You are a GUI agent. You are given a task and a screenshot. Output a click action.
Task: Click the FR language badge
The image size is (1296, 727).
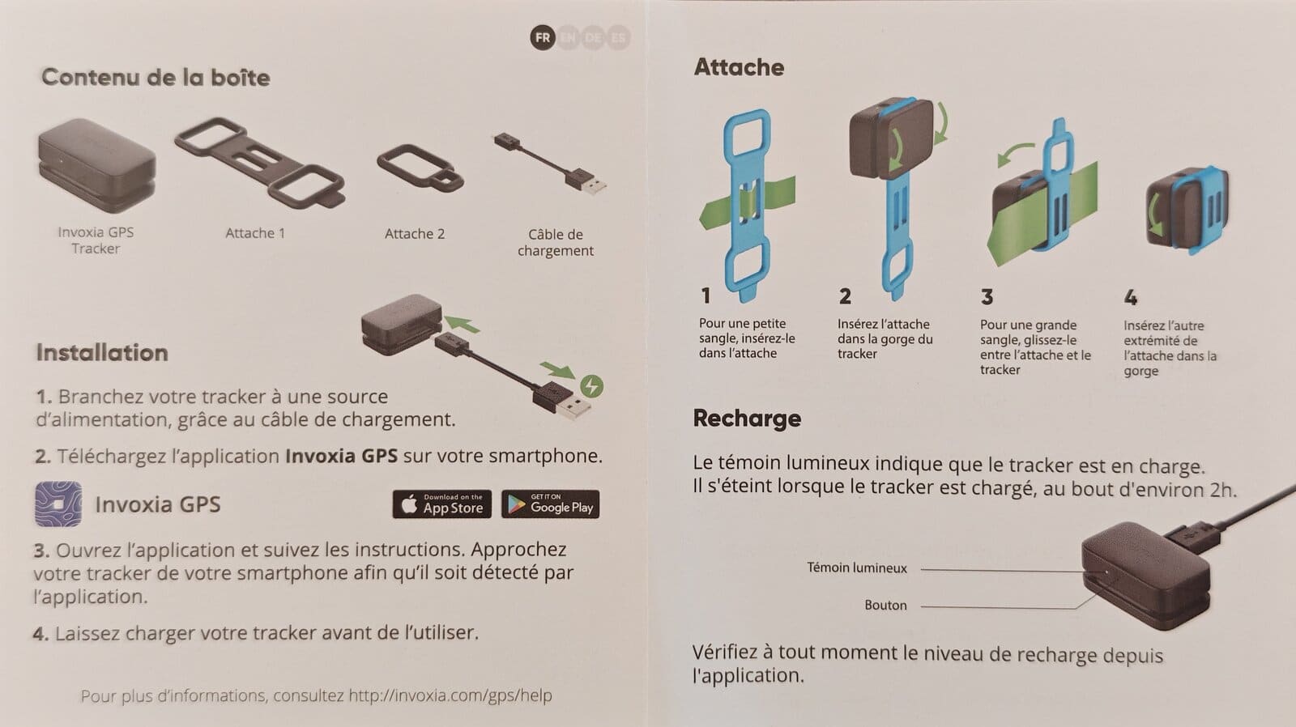coord(542,38)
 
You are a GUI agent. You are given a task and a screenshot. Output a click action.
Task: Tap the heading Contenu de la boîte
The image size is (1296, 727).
coord(156,78)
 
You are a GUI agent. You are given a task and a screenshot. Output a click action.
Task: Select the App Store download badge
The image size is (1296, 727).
coord(442,504)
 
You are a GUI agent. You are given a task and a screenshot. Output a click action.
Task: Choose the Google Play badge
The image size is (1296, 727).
coord(550,504)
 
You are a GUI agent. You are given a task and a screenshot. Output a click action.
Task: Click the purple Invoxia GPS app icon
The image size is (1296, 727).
coord(58,504)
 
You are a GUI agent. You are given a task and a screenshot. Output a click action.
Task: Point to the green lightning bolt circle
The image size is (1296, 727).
coord(591,386)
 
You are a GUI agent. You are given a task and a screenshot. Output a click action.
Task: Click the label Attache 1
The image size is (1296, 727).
coord(255,233)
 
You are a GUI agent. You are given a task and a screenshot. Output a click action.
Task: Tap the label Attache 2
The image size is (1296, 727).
coord(415,234)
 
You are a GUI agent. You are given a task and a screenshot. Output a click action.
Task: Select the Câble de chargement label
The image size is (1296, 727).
coord(556,242)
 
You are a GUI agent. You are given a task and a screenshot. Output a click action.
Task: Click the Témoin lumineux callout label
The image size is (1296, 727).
coord(857,568)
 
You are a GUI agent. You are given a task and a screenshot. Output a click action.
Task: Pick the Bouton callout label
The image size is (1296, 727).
coord(886,605)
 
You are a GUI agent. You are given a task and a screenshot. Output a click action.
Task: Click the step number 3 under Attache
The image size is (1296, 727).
coord(987,297)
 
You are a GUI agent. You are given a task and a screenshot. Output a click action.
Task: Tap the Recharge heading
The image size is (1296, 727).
coord(747,419)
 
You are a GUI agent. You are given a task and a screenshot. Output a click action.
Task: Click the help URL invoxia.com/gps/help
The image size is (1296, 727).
coord(450,695)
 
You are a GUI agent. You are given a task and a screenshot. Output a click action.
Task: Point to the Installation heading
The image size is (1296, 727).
coord(102,353)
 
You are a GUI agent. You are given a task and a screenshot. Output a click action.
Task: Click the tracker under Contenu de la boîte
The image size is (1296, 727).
coord(96,165)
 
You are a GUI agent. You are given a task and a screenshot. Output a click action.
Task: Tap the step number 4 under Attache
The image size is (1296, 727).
coord(1131,298)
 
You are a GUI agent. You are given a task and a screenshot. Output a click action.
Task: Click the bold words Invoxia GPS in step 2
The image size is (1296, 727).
coord(341,456)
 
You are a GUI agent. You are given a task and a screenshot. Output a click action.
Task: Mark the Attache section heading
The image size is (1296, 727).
coord(739,67)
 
